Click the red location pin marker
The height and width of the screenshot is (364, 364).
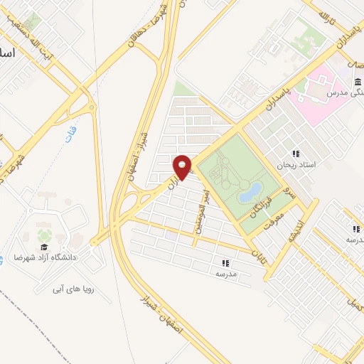click(182, 167)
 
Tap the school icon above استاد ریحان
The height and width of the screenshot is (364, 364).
click(295, 154)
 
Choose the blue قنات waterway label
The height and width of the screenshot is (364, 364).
click(70, 134)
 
